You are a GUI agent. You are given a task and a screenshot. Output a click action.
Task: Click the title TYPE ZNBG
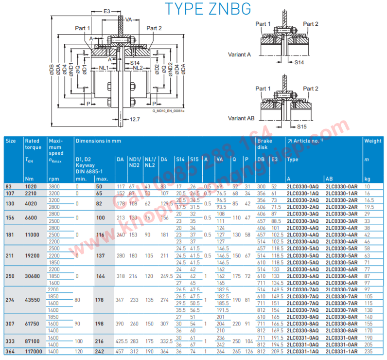click(208, 10)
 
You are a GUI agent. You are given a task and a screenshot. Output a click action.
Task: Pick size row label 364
click(10, 351)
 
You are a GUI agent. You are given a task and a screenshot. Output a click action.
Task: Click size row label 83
click(9, 186)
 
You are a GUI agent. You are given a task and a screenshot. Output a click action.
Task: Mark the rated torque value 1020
click(31, 186)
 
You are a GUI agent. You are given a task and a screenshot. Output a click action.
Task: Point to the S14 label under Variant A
click(299, 63)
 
